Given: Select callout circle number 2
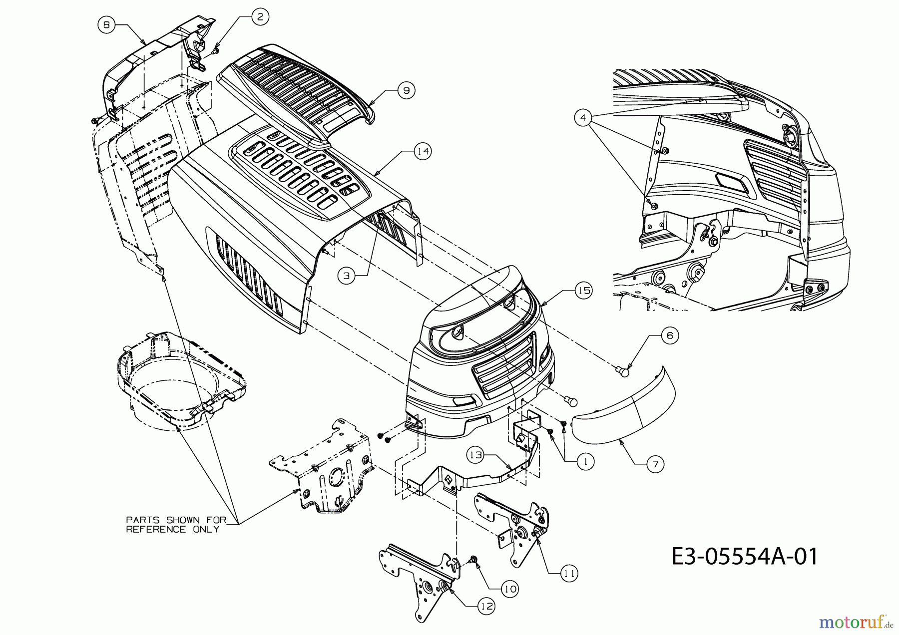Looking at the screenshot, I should point(259,16).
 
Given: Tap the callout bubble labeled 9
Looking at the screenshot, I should point(406,90).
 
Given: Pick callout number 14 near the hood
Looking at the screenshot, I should point(423,151).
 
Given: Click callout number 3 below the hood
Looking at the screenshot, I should point(346,275).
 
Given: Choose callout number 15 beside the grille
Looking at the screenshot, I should point(583,290).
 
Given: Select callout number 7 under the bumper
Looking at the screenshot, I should point(655,464).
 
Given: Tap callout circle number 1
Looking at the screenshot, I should point(585,462).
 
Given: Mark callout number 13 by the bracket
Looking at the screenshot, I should point(475,455).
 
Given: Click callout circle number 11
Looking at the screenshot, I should point(569,574).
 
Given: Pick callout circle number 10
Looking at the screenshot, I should point(510,589).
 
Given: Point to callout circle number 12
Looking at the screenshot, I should point(486,606).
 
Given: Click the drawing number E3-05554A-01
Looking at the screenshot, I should point(744,557).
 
